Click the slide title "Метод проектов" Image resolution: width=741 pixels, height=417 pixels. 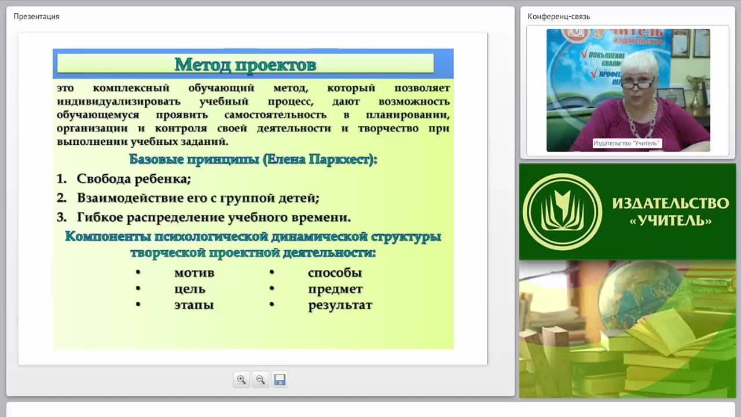coord(245,64)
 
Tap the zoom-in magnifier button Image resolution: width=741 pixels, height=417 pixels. coord(241,379)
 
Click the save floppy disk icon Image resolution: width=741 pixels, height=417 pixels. coord(280,379)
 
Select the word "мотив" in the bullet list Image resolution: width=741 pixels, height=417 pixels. coord(195,273)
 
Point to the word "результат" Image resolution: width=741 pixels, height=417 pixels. coord(340,305)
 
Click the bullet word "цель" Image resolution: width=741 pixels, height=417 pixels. coord(190,289)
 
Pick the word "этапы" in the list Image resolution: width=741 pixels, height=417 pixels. coord(194,305)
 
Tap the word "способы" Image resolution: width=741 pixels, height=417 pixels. coord(335,273)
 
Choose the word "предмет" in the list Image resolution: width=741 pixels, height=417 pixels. coord(335,290)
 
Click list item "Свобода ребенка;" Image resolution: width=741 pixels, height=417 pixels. coord(134,179)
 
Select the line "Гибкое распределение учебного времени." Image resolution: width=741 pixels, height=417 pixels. coord(214,217)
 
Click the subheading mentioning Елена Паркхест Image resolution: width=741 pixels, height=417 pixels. coord(253,159)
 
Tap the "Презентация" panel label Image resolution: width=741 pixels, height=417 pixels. coord(36,17)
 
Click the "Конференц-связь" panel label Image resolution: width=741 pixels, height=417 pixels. coord(559,17)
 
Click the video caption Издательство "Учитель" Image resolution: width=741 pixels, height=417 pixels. coord(626,143)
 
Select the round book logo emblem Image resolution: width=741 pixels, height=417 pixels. coord(562,212)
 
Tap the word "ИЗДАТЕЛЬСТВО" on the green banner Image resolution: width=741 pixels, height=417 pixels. coord(670,203)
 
